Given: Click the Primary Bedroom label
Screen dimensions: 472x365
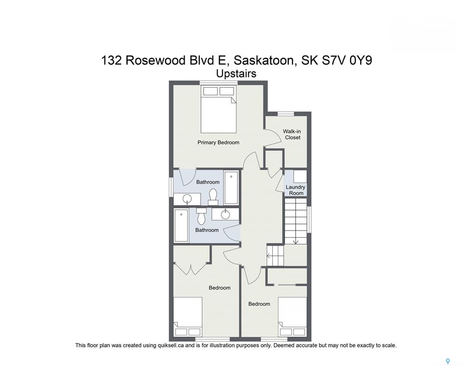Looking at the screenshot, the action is (x=218, y=143).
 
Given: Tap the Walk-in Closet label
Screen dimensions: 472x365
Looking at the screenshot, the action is (x=292, y=134).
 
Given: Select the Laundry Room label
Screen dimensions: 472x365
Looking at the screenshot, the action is (x=295, y=190).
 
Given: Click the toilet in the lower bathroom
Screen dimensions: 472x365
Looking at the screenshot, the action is (x=201, y=216).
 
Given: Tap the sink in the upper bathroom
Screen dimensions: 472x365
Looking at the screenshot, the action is (x=187, y=199).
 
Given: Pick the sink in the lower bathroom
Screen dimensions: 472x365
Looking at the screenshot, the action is (x=225, y=214).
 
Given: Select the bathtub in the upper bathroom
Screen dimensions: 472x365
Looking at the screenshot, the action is (x=231, y=188).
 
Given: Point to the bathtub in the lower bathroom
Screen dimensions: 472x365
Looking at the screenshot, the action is (x=181, y=225).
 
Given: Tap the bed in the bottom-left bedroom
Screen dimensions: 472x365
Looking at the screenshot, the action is (x=188, y=317).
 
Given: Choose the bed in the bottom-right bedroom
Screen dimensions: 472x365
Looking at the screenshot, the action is (x=292, y=317).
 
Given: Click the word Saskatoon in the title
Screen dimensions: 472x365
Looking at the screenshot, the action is (x=264, y=60).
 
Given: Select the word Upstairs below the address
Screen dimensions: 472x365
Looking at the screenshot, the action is (x=236, y=74).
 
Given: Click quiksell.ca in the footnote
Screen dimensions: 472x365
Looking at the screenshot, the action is (x=171, y=346).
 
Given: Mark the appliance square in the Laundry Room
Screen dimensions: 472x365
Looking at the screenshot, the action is (x=300, y=177).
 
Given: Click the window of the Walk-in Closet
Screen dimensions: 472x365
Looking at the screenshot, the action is (x=285, y=114).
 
